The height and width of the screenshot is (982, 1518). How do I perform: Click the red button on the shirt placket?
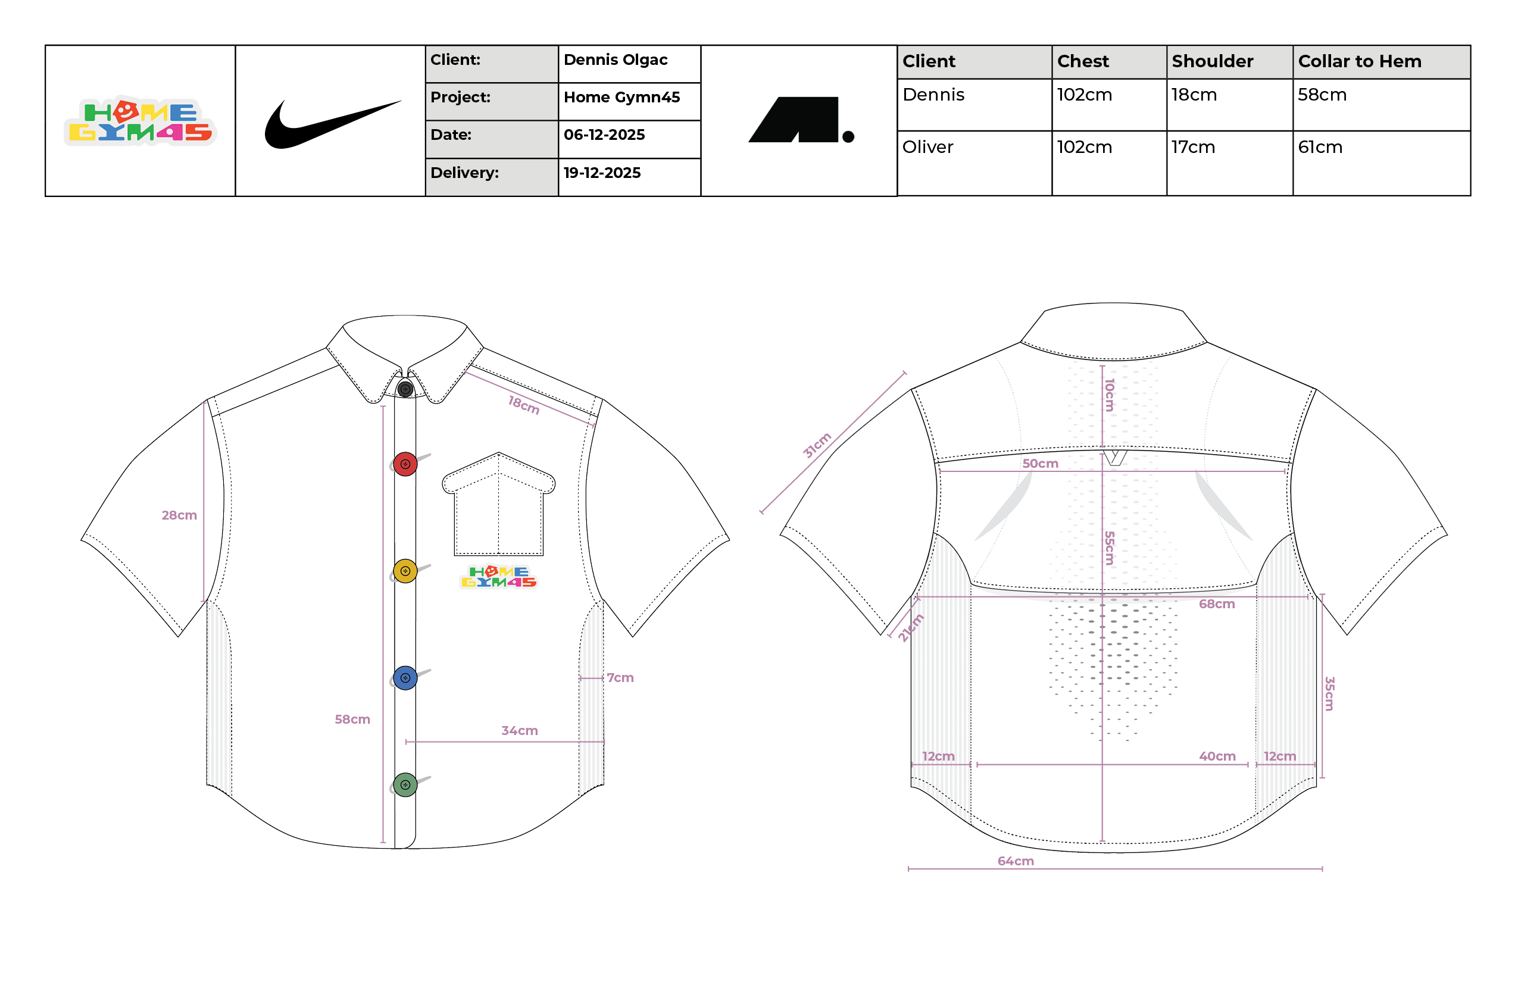tap(405, 464)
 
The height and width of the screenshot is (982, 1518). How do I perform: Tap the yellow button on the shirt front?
tap(405, 571)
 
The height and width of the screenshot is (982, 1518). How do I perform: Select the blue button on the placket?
tap(405, 678)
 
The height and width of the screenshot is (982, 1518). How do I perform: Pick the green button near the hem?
tap(405, 784)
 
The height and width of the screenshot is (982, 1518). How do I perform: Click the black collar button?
tap(405, 389)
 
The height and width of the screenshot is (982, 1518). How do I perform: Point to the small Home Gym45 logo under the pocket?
tap(498, 577)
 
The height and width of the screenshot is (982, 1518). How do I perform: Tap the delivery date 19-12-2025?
tap(602, 173)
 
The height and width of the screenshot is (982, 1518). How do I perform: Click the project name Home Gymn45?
tap(622, 98)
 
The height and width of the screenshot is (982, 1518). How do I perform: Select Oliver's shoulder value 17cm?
tap(1193, 148)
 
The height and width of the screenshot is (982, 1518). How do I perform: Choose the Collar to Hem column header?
tap(1359, 61)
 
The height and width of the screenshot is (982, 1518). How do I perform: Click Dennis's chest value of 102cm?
tap(1084, 95)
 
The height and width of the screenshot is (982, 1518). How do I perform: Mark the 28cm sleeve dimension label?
tap(179, 515)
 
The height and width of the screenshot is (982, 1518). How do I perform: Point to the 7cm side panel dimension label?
tap(620, 678)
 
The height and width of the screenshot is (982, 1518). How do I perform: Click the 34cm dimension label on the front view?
tap(519, 731)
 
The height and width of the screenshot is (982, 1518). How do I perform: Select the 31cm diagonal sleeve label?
tap(817, 445)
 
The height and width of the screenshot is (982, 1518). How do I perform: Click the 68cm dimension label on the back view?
tap(1216, 604)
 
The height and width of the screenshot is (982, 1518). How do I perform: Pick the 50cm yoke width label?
tap(1041, 464)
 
